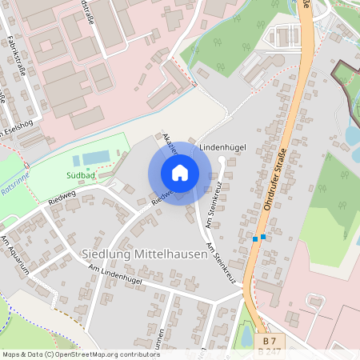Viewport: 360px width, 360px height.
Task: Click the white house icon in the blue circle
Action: click(x=180, y=172)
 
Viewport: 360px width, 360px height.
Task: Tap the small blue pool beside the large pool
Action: click(x=77, y=161)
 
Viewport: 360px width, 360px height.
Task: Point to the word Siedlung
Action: click(x=106, y=255)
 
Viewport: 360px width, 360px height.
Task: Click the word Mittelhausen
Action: click(x=170, y=255)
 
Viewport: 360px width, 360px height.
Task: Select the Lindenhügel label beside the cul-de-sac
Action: click(x=222, y=147)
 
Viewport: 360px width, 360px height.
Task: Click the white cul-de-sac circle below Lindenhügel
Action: click(x=222, y=160)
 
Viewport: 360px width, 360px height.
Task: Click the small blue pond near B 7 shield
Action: click(x=247, y=335)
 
